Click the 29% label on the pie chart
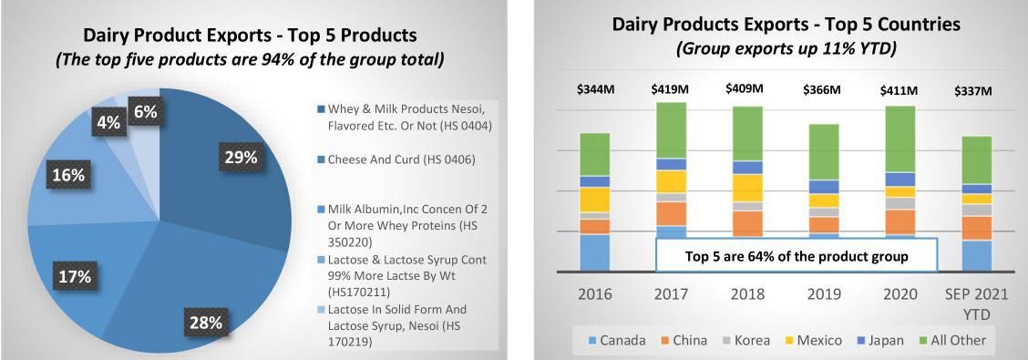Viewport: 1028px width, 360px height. tap(242, 158)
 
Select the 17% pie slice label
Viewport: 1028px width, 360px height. tap(72, 276)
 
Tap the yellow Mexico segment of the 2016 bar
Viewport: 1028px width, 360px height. tap(594, 200)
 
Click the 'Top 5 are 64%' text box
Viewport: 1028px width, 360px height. tap(796, 256)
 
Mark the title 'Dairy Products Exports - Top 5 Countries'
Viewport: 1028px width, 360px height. tap(786, 25)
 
